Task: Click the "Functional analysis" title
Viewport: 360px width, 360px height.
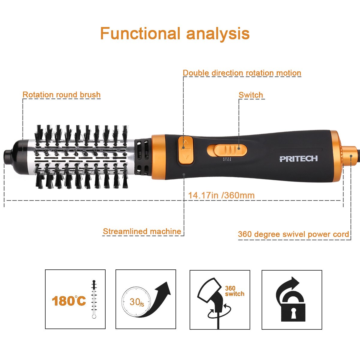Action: click(x=175, y=33)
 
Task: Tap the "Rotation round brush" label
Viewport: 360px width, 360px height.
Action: click(x=61, y=95)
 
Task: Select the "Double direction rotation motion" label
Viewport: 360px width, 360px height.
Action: click(x=242, y=73)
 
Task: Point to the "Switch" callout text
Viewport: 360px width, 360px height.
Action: click(x=251, y=95)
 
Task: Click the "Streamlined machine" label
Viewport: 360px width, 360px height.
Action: click(x=142, y=231)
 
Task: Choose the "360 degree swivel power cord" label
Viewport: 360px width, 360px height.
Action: click(x=293, y=234)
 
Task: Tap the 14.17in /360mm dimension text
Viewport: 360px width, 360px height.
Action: click(x=221, y=195)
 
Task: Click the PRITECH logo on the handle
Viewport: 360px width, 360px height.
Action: click(x=298, y=159)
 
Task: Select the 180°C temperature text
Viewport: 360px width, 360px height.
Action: click(x=69, y=301)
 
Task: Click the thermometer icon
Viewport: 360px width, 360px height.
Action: click(x=94, y=299)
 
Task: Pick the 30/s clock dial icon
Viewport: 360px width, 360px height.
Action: click(x=136, y=301)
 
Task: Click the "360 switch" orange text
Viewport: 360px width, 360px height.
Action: click(x=235, y=291)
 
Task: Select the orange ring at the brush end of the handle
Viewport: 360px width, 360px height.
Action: click(x=157, y=157)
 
